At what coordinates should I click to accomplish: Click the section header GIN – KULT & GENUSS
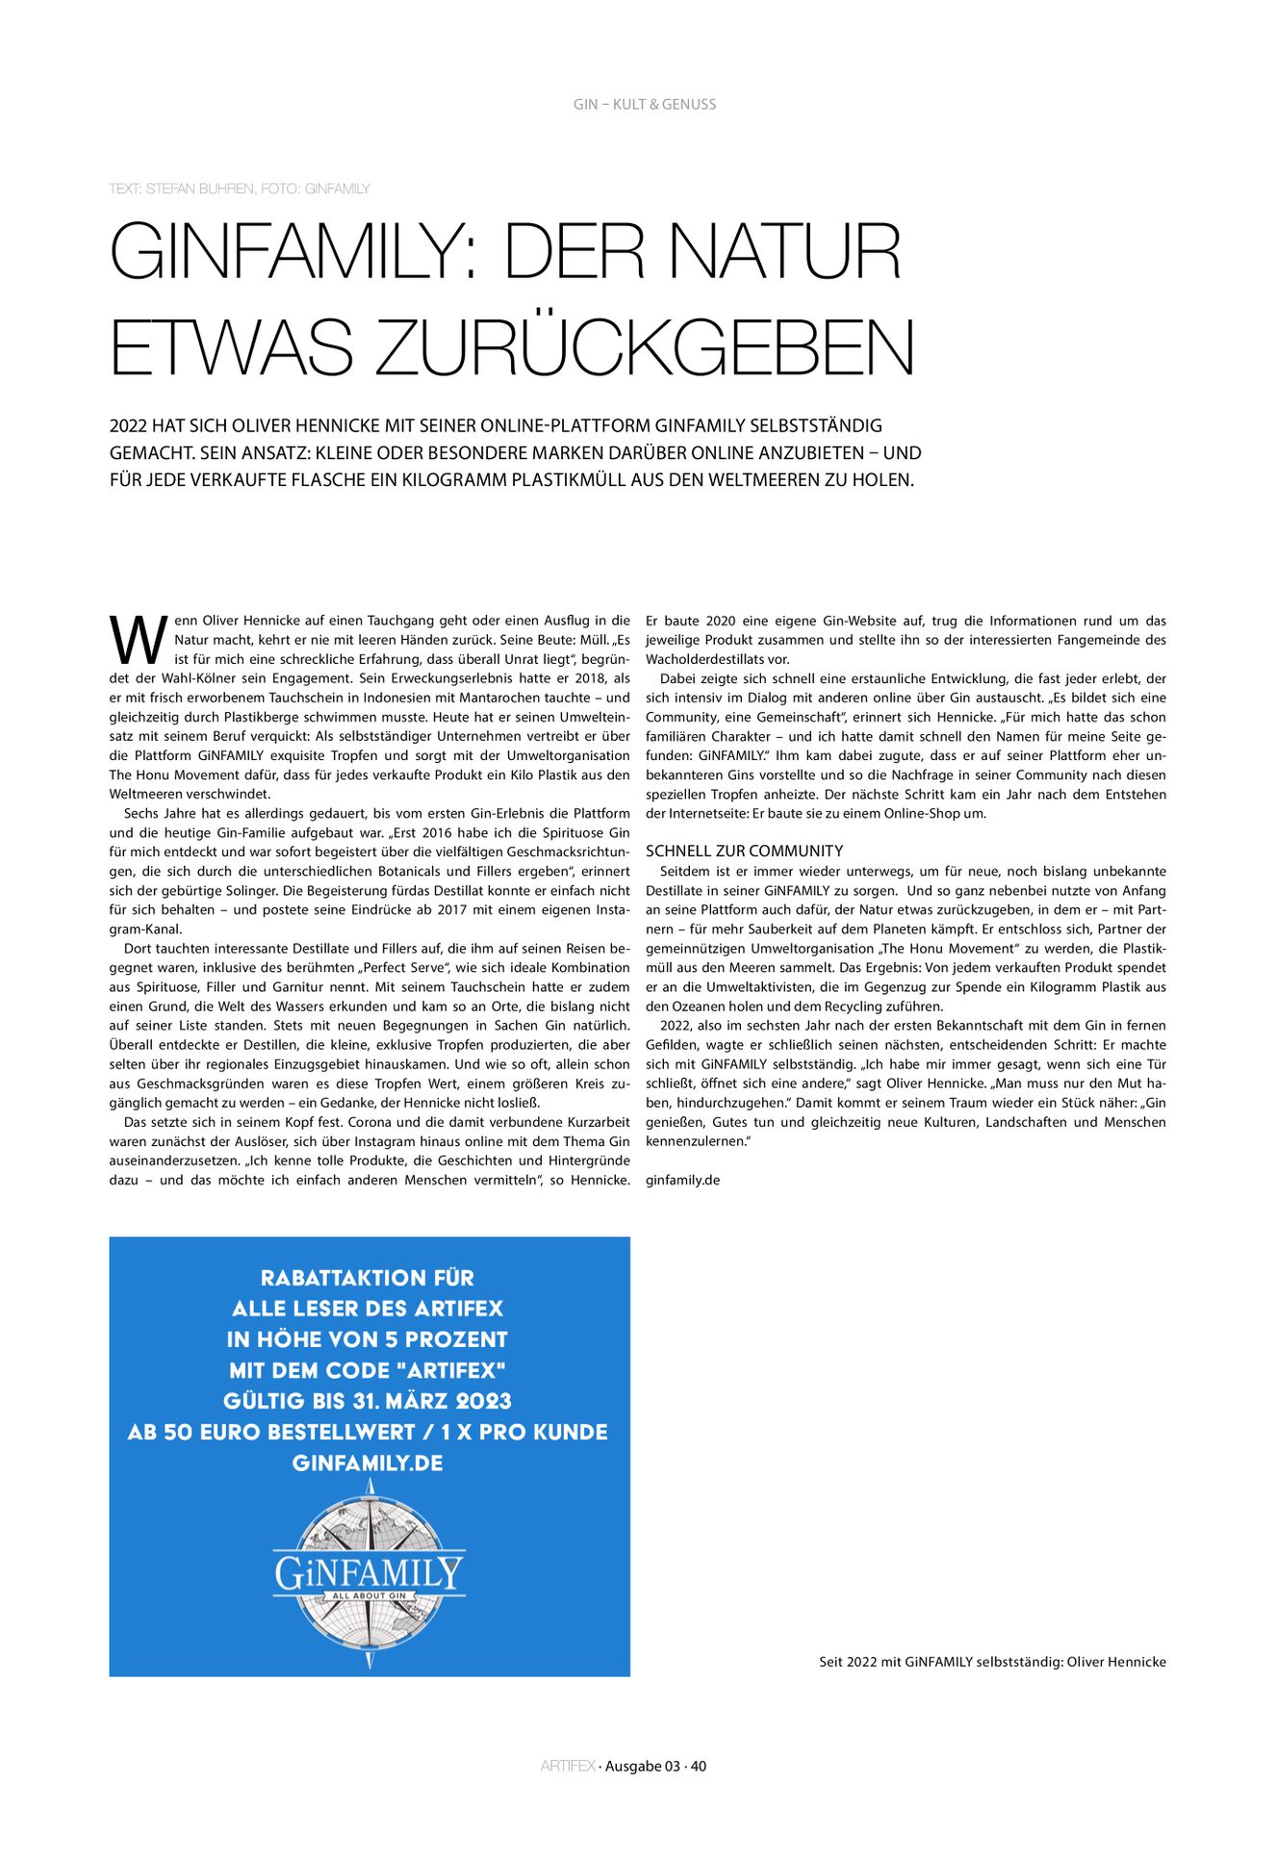pos(644,104)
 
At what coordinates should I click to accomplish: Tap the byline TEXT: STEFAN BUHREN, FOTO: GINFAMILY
pos(240,189)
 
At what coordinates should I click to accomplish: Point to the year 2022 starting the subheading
pos(128,425)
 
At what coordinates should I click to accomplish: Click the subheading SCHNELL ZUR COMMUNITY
pos(744,851)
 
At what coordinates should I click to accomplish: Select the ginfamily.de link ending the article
pos(682,1180)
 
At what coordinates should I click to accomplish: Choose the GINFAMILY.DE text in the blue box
pos(368,1463)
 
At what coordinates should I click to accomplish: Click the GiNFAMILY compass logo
pos(369,1575)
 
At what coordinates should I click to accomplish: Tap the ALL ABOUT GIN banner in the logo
pos(370,1596)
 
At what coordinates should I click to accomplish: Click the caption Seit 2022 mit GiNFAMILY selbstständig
pos(992,1662)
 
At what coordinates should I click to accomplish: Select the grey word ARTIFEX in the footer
pos(568,1766)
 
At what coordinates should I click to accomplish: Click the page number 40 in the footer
pos(699,1766)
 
